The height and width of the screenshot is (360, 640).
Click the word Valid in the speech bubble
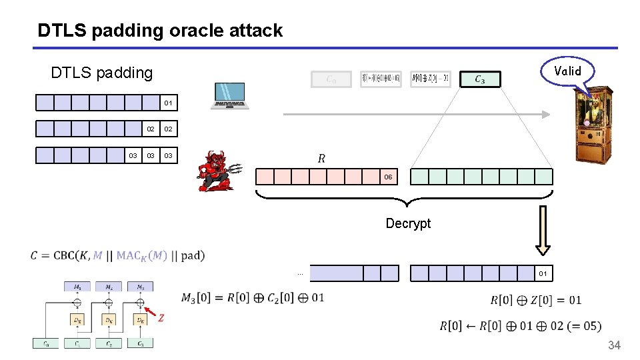[567, 71]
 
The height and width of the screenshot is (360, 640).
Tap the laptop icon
[230, 96]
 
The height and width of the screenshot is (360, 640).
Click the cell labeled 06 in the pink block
[387, 177]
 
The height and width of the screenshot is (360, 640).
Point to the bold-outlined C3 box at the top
[479, 79]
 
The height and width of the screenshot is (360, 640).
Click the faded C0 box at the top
[330, 79]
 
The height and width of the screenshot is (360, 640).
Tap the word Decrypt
[408, 223]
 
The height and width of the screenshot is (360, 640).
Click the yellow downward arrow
[543, 230]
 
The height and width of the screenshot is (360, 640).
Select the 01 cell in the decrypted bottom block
[543, 273]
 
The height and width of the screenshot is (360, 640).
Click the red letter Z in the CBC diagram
[161, 319]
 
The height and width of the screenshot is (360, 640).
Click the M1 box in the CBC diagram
[77, 287]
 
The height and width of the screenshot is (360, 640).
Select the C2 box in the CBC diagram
[109, 343]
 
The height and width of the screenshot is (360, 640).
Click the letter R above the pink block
[321, 159]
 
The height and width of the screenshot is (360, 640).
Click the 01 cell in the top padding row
[168, 103]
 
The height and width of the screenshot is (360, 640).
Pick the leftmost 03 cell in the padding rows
[133, 155]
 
